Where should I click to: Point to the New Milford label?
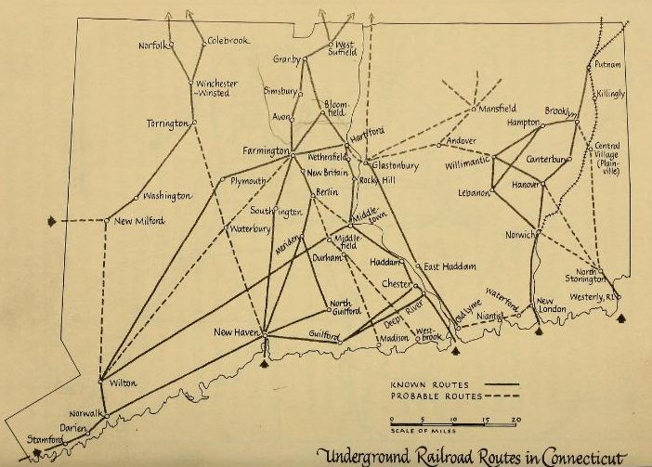pos(139,220)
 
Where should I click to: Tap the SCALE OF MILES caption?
pos(413,429)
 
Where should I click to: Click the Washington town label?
pos(166,196)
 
